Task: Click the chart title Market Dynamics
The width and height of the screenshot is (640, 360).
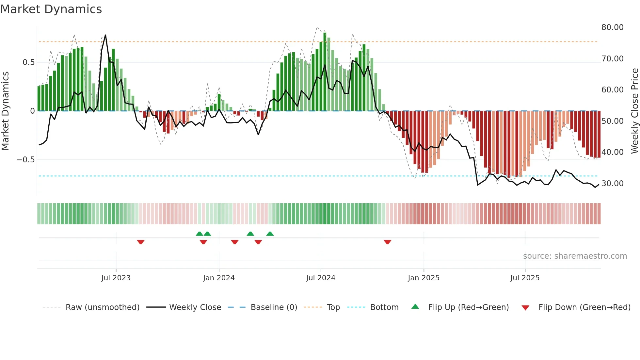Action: click(x=51, y=9)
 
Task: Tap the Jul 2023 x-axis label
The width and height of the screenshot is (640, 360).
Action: click(x=116, y=278)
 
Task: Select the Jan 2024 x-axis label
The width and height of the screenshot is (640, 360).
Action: click(x=219, y=278)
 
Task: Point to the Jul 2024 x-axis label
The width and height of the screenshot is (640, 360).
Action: click(x=321, y=278)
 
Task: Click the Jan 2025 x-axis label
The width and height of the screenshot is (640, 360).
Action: click(x=424, y=278)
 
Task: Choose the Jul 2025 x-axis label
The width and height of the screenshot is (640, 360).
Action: click(x=525, y=278)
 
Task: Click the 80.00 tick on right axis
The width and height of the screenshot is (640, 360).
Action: click(x=613, y=27)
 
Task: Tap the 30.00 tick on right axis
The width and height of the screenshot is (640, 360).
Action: click(x=613, y=184)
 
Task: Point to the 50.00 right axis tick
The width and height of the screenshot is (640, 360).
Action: click(x=613, y=121)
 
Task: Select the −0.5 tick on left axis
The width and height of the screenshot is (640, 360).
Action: click(x=26, y=160)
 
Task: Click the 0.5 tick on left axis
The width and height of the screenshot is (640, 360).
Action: click(x=29, y=62)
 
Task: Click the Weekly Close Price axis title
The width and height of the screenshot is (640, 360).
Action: click(x=635, y=111)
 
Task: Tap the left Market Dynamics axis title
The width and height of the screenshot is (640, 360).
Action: click(x=5, y=111)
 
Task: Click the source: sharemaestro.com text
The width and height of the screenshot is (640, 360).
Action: click(x=575, y=256)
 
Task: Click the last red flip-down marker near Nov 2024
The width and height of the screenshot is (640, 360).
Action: click(x=388, y=242)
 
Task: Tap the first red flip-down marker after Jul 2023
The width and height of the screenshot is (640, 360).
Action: click(x=141, y=242)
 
